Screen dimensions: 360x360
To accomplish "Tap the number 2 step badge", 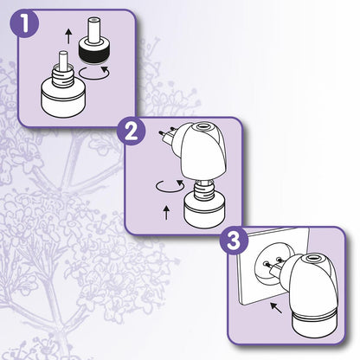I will [x=132, y=132].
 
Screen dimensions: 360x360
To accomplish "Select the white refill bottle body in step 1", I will [x=62, y=100].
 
